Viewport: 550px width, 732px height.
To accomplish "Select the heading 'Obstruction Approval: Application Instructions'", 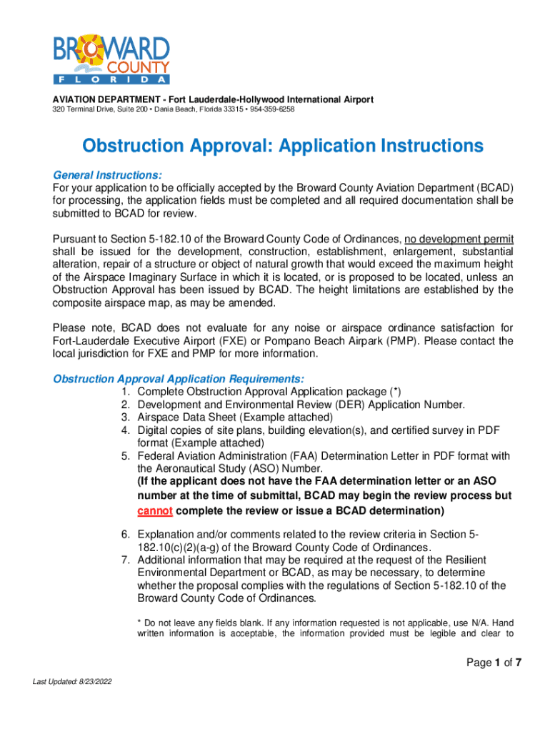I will [283, 147].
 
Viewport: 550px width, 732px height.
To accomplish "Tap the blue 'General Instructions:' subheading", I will [108, 175].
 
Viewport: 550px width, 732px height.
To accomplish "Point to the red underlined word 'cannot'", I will [154, 511].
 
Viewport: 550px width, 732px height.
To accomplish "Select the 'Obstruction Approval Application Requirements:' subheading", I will [179, 378].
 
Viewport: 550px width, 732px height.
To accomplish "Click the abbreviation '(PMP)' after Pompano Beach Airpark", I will [403, 341].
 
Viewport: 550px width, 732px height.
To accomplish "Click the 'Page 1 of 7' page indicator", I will [494, 663].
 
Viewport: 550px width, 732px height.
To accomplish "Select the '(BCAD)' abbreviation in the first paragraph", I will [492, 188].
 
